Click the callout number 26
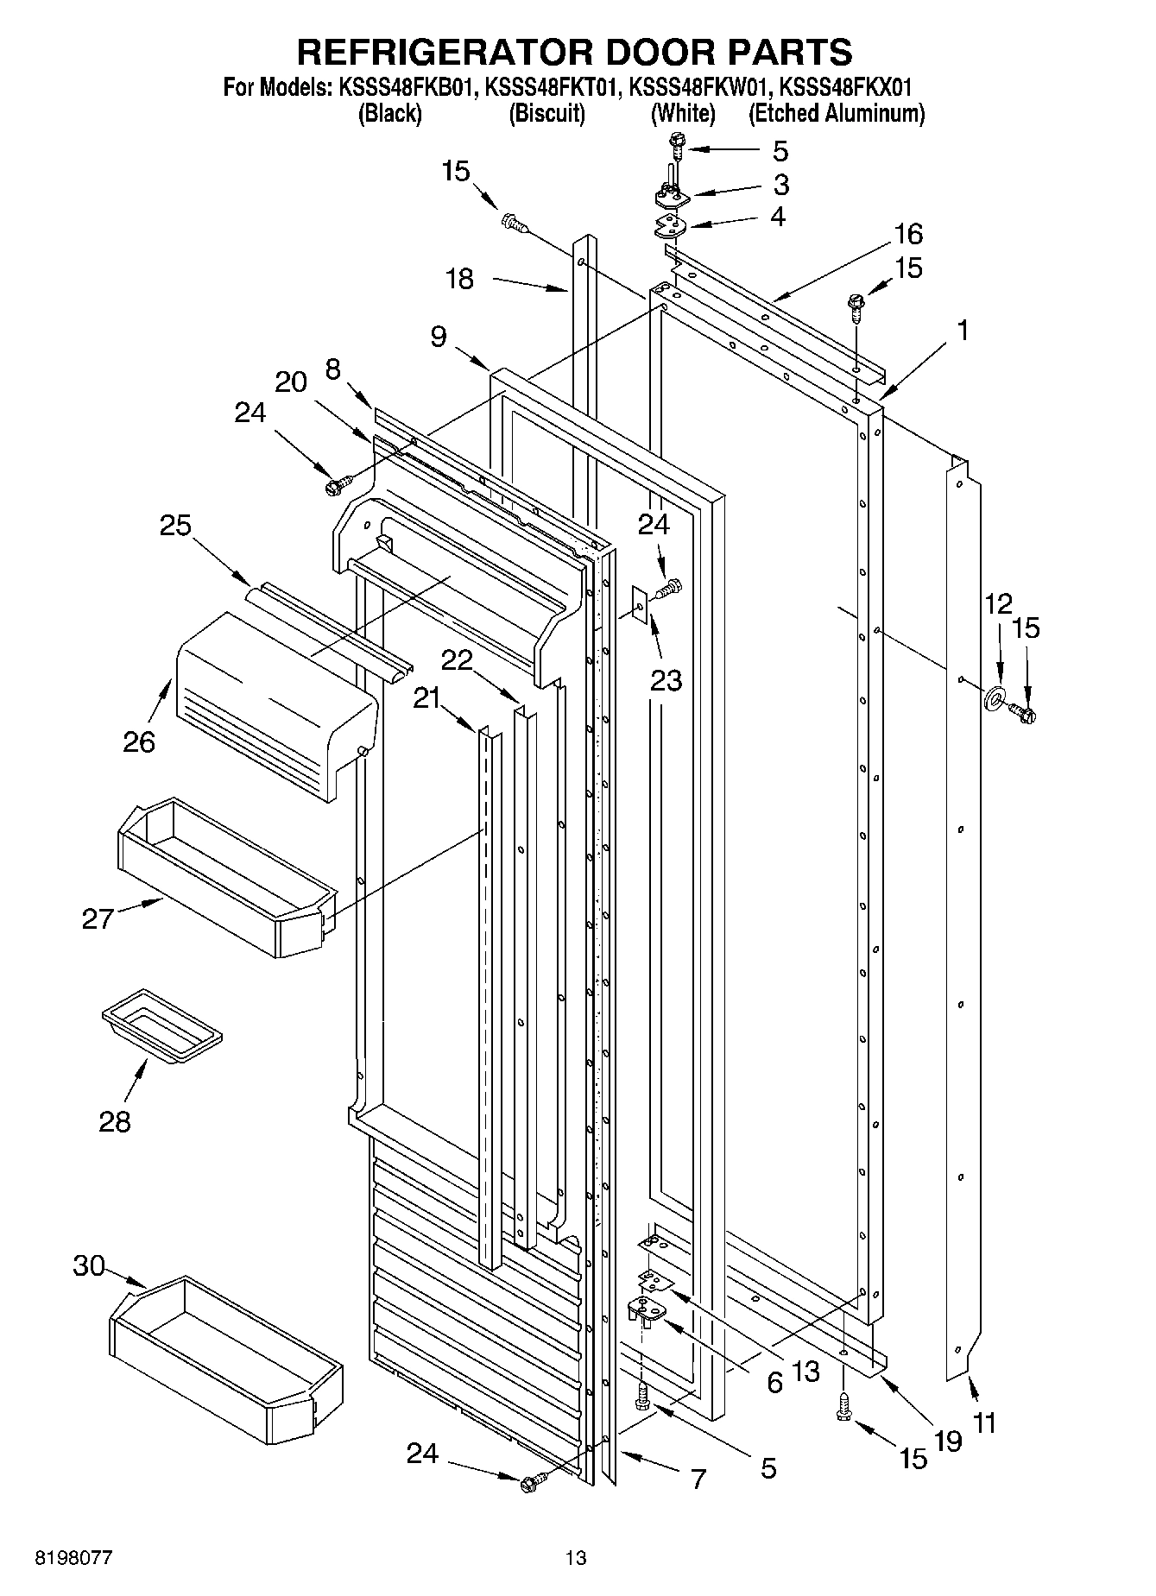coord(138,741)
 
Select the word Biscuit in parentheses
coord(546,113)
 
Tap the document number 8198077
coord(73,1558)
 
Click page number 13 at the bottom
coord(576,1558)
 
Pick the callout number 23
coord(666,680)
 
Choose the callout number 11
coord(983,1422)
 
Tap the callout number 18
coord(460,279)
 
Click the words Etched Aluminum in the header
coord(836,113)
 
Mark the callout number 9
coord(439,336)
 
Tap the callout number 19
coord(947,1440)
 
